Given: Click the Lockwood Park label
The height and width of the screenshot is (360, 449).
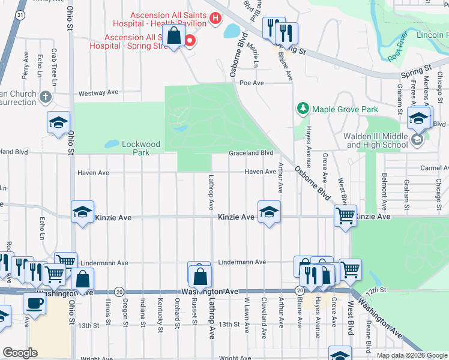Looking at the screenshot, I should [141, 144].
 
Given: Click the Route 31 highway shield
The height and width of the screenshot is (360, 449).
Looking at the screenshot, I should [21, 14].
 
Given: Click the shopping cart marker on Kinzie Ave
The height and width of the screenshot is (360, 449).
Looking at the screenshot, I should [345, 215].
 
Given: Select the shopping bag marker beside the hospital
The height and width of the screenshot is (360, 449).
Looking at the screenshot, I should [173, 36].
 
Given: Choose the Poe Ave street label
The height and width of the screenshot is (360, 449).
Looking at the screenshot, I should [252, 83].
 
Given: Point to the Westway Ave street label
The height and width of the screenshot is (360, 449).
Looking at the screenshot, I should [98, 93].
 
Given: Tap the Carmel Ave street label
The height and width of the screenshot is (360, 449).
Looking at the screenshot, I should [435, 168].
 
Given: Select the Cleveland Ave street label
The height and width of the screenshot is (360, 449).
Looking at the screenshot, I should [264, 311].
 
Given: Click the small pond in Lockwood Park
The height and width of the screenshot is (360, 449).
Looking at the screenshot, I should [111, 144].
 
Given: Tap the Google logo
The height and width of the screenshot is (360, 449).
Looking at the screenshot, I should [20, 353].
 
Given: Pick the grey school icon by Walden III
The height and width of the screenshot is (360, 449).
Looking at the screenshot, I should [417, 140].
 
